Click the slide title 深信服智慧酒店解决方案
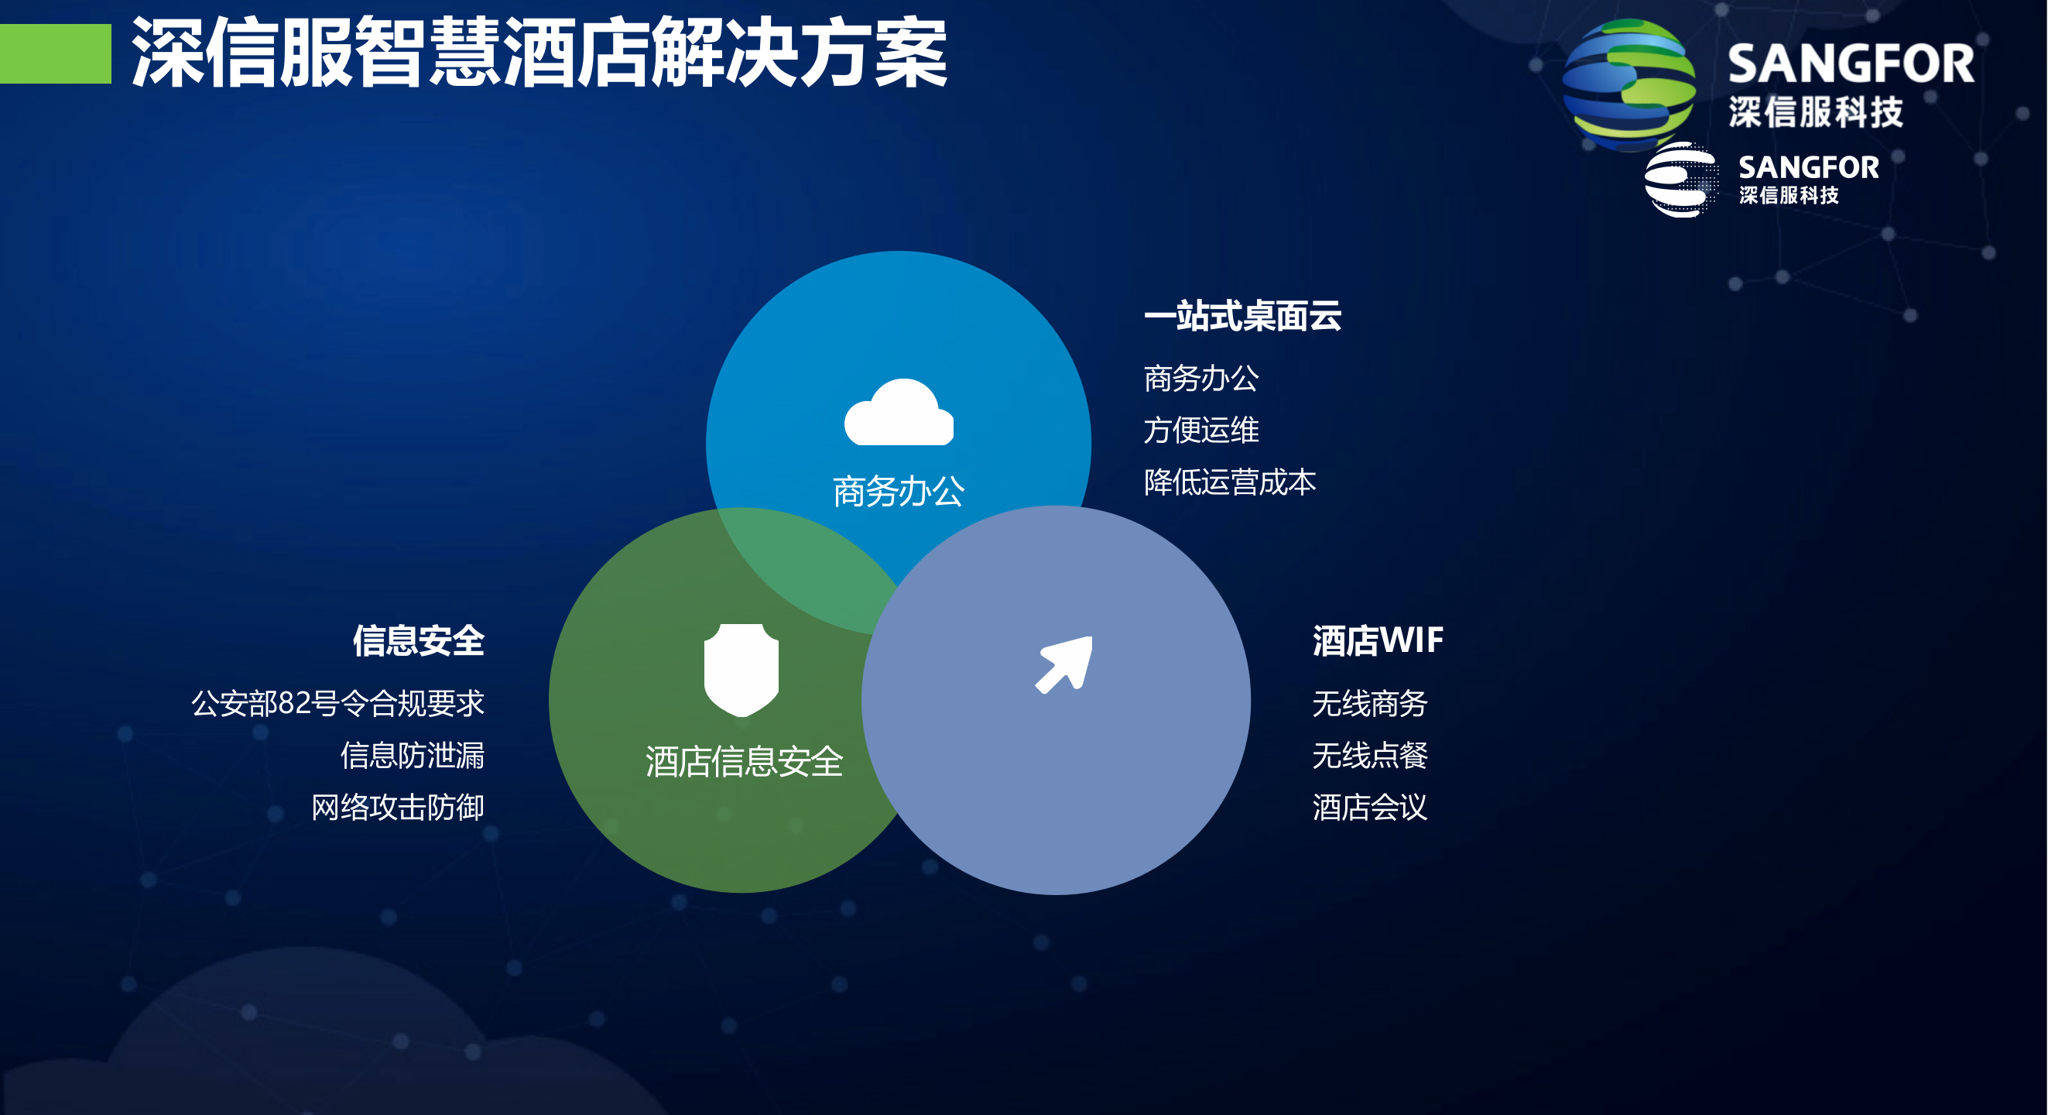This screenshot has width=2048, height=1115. [539, 53]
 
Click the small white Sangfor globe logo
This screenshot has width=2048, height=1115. [1680, 180]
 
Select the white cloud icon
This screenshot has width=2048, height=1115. [899, 413]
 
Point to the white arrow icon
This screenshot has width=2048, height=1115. [1064, 664]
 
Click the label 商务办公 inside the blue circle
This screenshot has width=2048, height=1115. [899, 492]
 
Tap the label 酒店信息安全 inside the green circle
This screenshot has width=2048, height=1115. [743, 762]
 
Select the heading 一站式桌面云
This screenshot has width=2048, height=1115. [1241, 316]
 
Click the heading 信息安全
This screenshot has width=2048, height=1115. [418, 641]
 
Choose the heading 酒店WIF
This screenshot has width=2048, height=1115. [1377, 641]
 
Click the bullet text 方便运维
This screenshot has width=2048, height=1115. [1200, 431]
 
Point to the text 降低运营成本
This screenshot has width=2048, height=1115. [1229, 482]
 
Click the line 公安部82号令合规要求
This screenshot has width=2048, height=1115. [338, 703]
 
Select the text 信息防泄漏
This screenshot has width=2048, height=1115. [412, 755]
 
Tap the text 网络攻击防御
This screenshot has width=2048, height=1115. [398, 808]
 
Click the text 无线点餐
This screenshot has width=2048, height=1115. [1369, 755]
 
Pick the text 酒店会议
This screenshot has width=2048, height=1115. [1369, 808]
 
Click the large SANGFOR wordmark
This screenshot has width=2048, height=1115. [1850, 63]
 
